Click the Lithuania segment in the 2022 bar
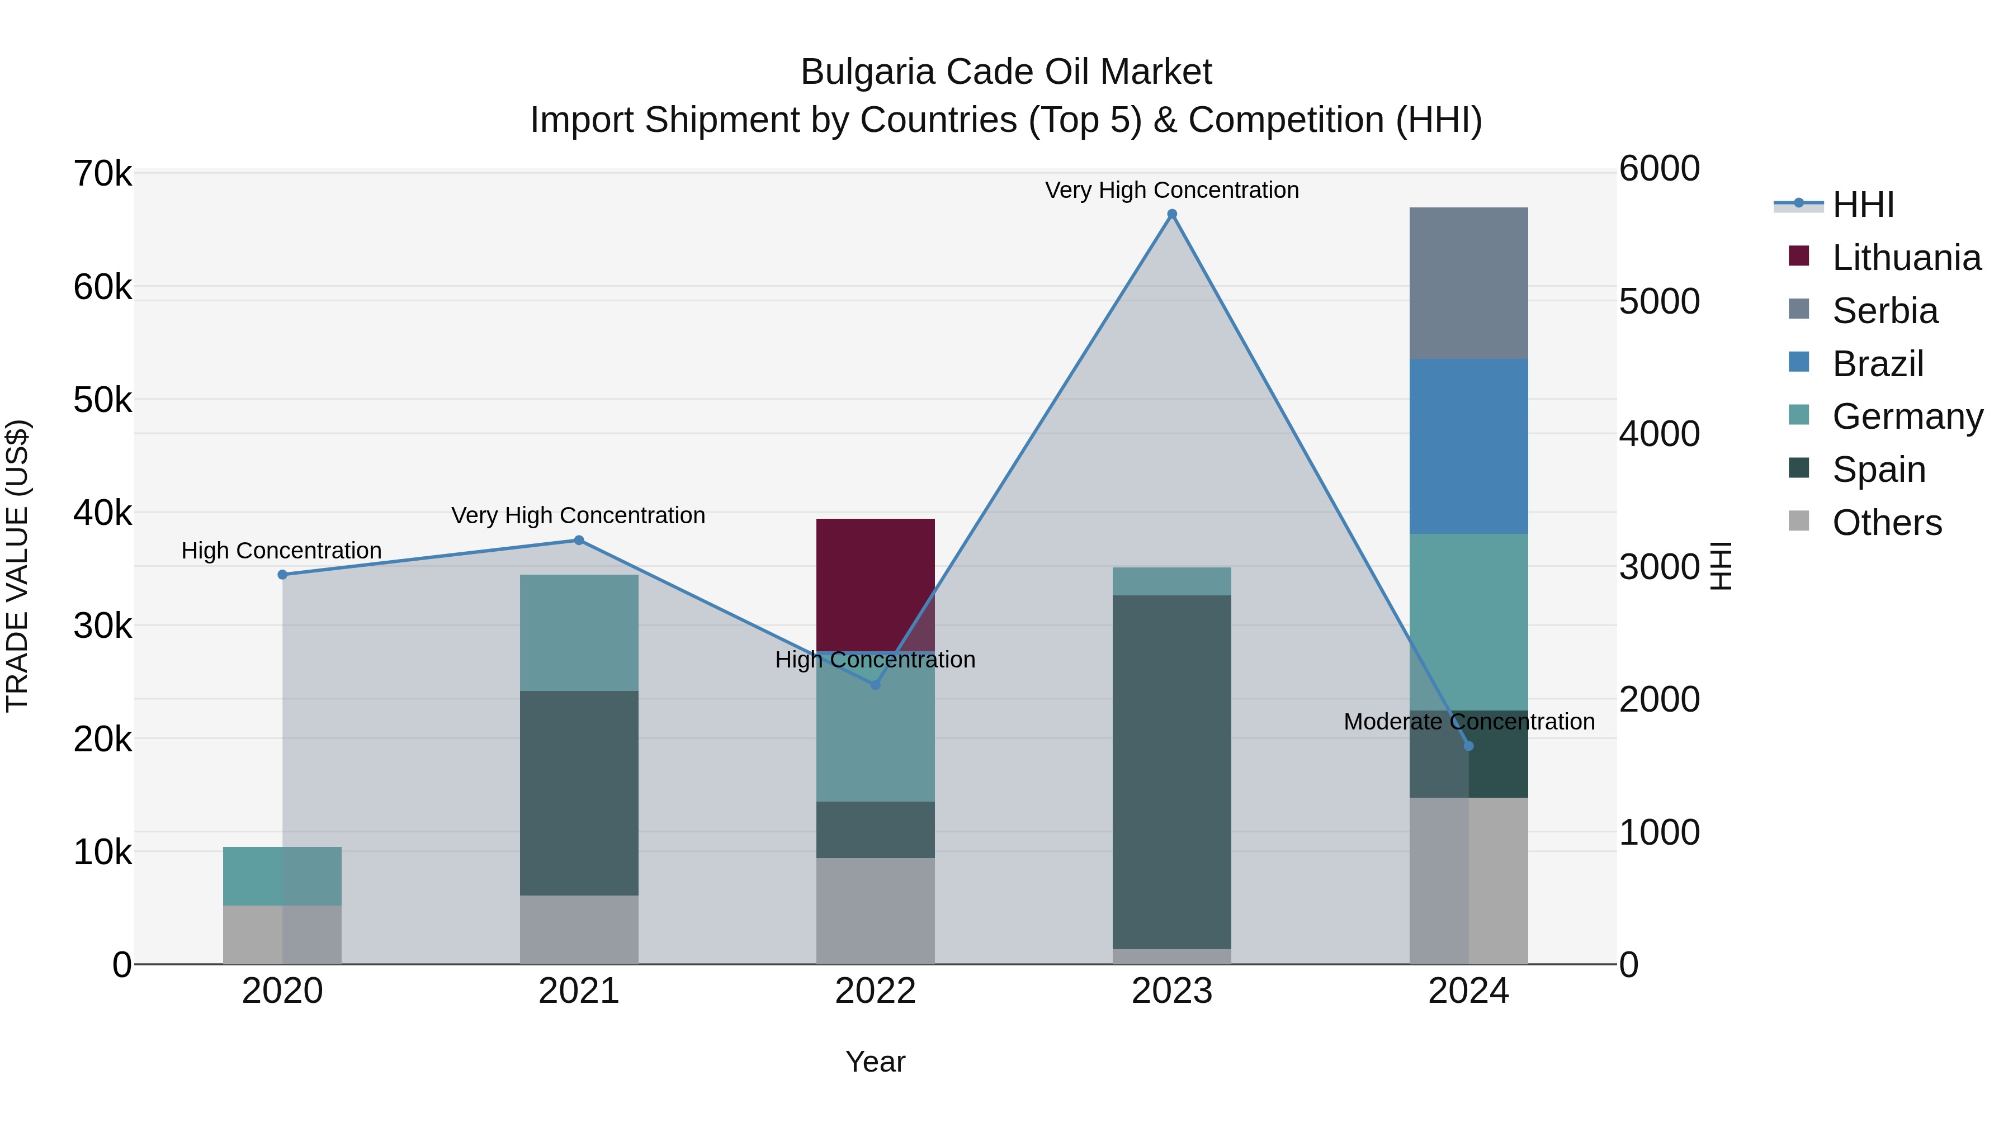875,584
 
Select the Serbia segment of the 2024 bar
1468,283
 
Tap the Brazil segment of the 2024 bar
1468,446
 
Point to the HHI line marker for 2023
1171,214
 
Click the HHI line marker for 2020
282,574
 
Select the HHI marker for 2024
1468,746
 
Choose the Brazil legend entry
1877,364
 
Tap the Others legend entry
1887,523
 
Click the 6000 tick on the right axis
1659,169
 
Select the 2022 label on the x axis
875,991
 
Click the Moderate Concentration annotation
1468,721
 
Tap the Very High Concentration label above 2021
578,515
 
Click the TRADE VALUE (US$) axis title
17,566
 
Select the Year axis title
875,1062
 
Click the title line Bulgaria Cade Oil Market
1006,72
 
